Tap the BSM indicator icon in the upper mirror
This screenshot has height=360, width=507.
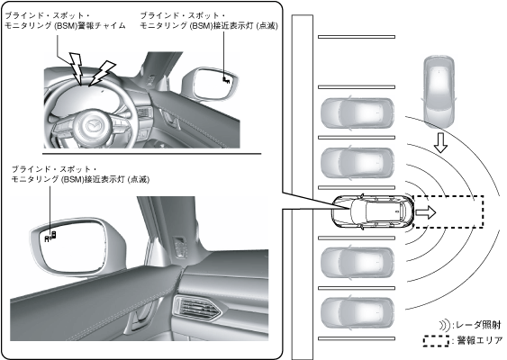pos(226,79)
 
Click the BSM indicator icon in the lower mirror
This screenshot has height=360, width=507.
pos(50,237)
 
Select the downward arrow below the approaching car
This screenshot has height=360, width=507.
pos(440,142)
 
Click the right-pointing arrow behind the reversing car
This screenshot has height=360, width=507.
pos(426,212)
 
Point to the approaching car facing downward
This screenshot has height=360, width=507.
pos(439,92)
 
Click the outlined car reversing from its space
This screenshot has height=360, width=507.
pos(373,211)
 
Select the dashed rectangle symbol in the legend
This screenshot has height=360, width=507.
pos(436,341)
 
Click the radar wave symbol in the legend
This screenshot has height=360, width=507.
pos(445,325)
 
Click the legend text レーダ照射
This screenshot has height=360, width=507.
pos(478,325)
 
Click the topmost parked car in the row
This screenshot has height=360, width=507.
pos(358,113)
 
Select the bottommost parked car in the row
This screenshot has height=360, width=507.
pos(358,313)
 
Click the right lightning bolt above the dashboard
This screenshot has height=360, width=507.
pos(102,73)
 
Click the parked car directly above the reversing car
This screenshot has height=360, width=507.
pos(358,163)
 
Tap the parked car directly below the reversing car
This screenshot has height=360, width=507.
pos(358,263)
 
